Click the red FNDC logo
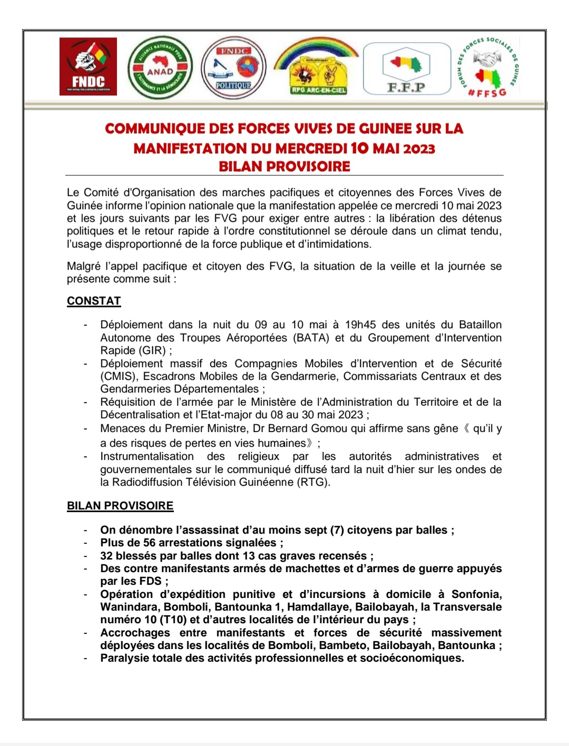[88, 66]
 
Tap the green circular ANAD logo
[160, 67]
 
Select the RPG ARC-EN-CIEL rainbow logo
[317, 67]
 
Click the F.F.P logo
[407, 69]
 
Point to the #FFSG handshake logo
[488, 67]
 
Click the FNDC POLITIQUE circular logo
[234, 67]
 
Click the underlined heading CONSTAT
[94, 301]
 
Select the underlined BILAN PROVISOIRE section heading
[120, 506]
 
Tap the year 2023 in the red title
[419, 149]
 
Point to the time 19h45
[360, 325]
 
